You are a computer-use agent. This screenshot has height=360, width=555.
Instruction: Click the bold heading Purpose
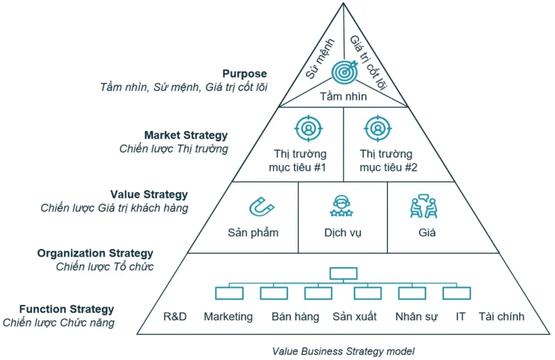coord(244,74)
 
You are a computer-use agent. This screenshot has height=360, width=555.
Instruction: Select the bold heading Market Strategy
coord(185,135)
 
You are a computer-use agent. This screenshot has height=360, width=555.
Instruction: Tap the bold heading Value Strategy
coord(148,195)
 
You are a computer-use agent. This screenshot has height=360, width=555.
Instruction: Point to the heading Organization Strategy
coord(95,253)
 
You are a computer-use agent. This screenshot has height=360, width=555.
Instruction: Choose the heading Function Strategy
coord(67,309)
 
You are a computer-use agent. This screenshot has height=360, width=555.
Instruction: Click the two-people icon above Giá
coord(423,206)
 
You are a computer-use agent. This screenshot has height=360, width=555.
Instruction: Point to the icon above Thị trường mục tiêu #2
coord(377,128)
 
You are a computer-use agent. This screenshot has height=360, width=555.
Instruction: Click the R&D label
coord(176,317)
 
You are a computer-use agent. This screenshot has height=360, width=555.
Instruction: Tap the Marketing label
coord(228,317)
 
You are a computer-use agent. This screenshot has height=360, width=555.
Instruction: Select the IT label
coord(461,317)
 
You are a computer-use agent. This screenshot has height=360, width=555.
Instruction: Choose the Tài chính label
coord(502,317)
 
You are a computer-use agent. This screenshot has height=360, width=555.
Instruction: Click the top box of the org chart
coord(343,273)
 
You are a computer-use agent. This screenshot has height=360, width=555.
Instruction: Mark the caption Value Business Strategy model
coord(343,352)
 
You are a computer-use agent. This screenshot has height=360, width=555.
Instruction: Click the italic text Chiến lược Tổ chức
coord(105,266)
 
